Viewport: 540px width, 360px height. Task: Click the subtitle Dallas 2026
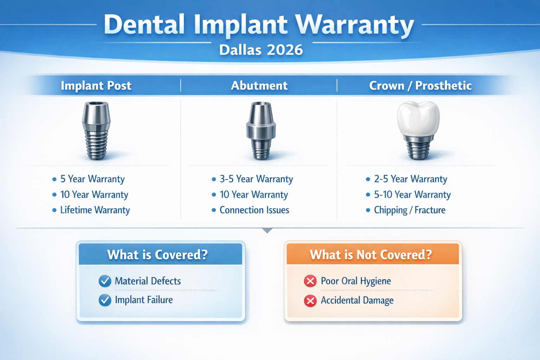[261, 50]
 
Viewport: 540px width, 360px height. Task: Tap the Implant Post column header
[96, 85]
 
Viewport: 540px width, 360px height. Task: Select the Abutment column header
[259, 85]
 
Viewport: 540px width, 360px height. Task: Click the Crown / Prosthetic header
[420, 85]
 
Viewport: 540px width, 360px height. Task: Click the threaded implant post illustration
[96, 130]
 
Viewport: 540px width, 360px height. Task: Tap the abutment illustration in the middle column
[261, 130]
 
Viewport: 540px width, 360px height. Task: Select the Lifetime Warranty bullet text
[95, 210]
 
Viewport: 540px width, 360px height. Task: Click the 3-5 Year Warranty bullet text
[256, 179]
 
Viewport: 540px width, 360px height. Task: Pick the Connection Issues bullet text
[254, 210]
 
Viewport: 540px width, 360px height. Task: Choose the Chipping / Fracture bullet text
[410, 210]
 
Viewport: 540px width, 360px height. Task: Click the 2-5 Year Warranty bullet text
[410, 179]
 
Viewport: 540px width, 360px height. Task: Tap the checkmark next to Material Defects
[105, 281]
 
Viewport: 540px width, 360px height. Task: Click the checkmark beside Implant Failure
[105, 300]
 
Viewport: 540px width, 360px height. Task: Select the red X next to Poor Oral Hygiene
[310, 281]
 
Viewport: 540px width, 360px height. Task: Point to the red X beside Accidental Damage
[310, 301]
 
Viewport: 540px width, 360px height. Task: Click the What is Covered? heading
[157, 255]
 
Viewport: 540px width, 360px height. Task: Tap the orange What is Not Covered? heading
[371, 255]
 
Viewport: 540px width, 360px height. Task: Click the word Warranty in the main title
[354, 25]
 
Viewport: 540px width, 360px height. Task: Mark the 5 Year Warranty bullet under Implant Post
[92, 179]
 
